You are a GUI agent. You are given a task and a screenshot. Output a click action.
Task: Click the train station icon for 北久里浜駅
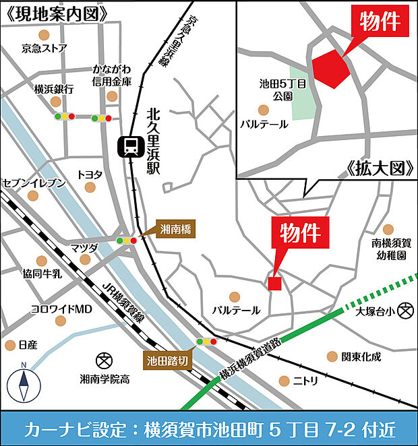[x=128, y=146]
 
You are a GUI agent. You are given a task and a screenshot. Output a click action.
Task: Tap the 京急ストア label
[x=44, y=48]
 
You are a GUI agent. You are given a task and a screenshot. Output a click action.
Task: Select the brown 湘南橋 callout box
[x=176, y=230]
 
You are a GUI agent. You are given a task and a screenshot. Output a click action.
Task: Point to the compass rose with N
[x=23, y=385]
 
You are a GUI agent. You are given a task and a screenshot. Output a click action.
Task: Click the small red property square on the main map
[x=274, y=283]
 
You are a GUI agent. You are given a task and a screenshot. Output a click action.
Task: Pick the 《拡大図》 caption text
[x=380, y=168]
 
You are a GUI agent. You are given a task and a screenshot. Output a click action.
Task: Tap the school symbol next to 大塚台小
[x=405, y=311]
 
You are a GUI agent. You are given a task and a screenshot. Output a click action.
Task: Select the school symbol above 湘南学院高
[x=104, y=359]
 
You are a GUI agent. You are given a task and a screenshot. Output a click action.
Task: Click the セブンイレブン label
[x=34, y=183]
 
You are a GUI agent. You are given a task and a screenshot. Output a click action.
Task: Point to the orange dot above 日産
[x=10, y=345]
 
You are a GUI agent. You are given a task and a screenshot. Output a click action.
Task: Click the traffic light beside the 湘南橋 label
[x=126, y=240]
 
